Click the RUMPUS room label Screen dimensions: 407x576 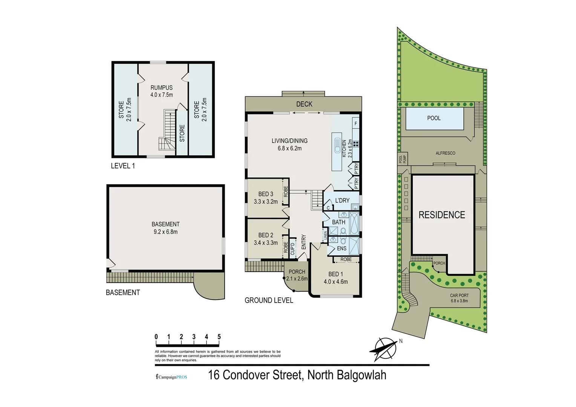coord(161,88)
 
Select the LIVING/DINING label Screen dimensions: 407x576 coord(290,141)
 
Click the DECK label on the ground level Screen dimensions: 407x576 coord(304,104)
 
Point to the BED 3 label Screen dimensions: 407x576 coord(265,194)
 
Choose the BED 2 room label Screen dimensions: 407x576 coord(265,235)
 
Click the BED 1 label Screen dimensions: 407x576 coord(335,274)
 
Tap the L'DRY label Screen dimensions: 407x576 coord(342,200)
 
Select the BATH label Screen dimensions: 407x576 coord(338,222)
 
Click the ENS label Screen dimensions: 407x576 coord(342,248)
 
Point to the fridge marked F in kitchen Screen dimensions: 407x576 coord(355,123)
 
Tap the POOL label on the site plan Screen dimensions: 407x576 coord(434,118)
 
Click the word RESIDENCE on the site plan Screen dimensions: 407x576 coord(442,215)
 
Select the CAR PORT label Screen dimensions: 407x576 coord(459,295)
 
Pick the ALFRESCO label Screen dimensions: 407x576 coord(445,153)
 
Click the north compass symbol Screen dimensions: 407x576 coord(385,349)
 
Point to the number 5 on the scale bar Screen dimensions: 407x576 coord(219,337)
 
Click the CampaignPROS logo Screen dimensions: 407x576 coord(172,377)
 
